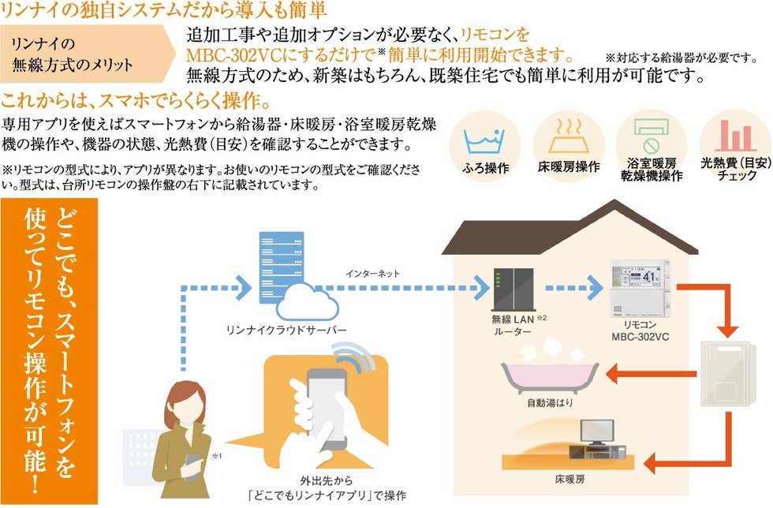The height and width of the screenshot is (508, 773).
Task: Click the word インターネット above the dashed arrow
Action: (x=372, y=273)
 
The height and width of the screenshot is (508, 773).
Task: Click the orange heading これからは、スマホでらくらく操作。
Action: (x=137, y=102)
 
